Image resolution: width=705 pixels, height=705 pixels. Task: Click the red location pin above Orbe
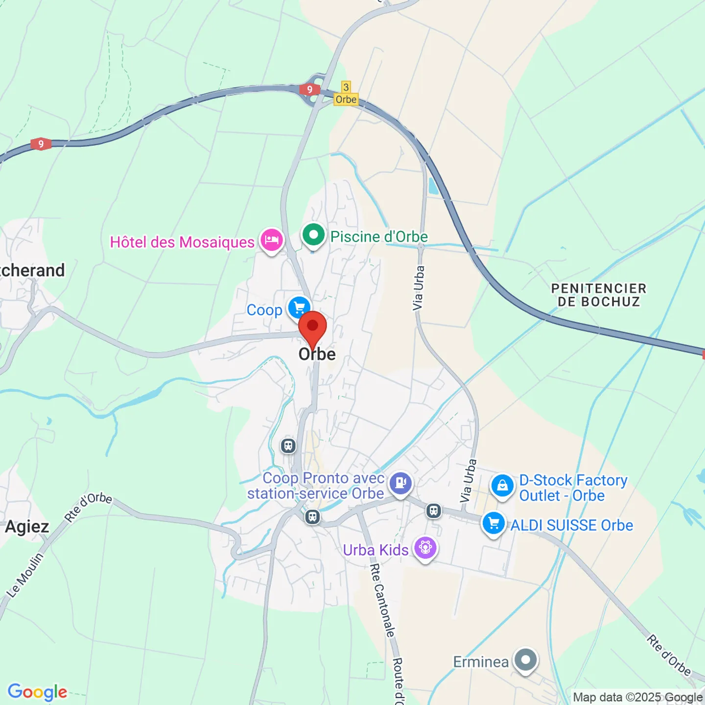[312, 327]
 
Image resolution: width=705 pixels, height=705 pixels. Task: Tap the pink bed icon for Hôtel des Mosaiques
[271, 240]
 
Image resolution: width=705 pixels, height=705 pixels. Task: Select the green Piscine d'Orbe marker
[313, 235]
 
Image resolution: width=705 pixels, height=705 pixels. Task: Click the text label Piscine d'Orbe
[379, 237]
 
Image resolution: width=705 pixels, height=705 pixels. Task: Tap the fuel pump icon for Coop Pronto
[401, 483]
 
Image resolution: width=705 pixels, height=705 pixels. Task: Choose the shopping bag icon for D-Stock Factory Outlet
[502, 486]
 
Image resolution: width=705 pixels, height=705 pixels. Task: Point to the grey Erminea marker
[526, 660]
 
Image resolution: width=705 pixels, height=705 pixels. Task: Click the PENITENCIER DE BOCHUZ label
[599, 295]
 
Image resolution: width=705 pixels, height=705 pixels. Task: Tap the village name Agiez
[27, 527]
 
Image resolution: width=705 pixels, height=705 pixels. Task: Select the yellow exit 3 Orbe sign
[346, 94]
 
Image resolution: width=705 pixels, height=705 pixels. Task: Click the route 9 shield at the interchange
[309, 90]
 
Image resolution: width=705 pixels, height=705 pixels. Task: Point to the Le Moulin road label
[24, 575]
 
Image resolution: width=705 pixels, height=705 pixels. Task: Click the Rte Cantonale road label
[382, 600]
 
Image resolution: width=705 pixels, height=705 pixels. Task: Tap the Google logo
[38, 692]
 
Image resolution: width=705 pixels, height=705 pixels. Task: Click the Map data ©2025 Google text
[637, 697]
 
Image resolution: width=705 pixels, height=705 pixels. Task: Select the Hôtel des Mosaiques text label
[182, 242]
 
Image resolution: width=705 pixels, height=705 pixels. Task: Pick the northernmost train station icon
[288, 446]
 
